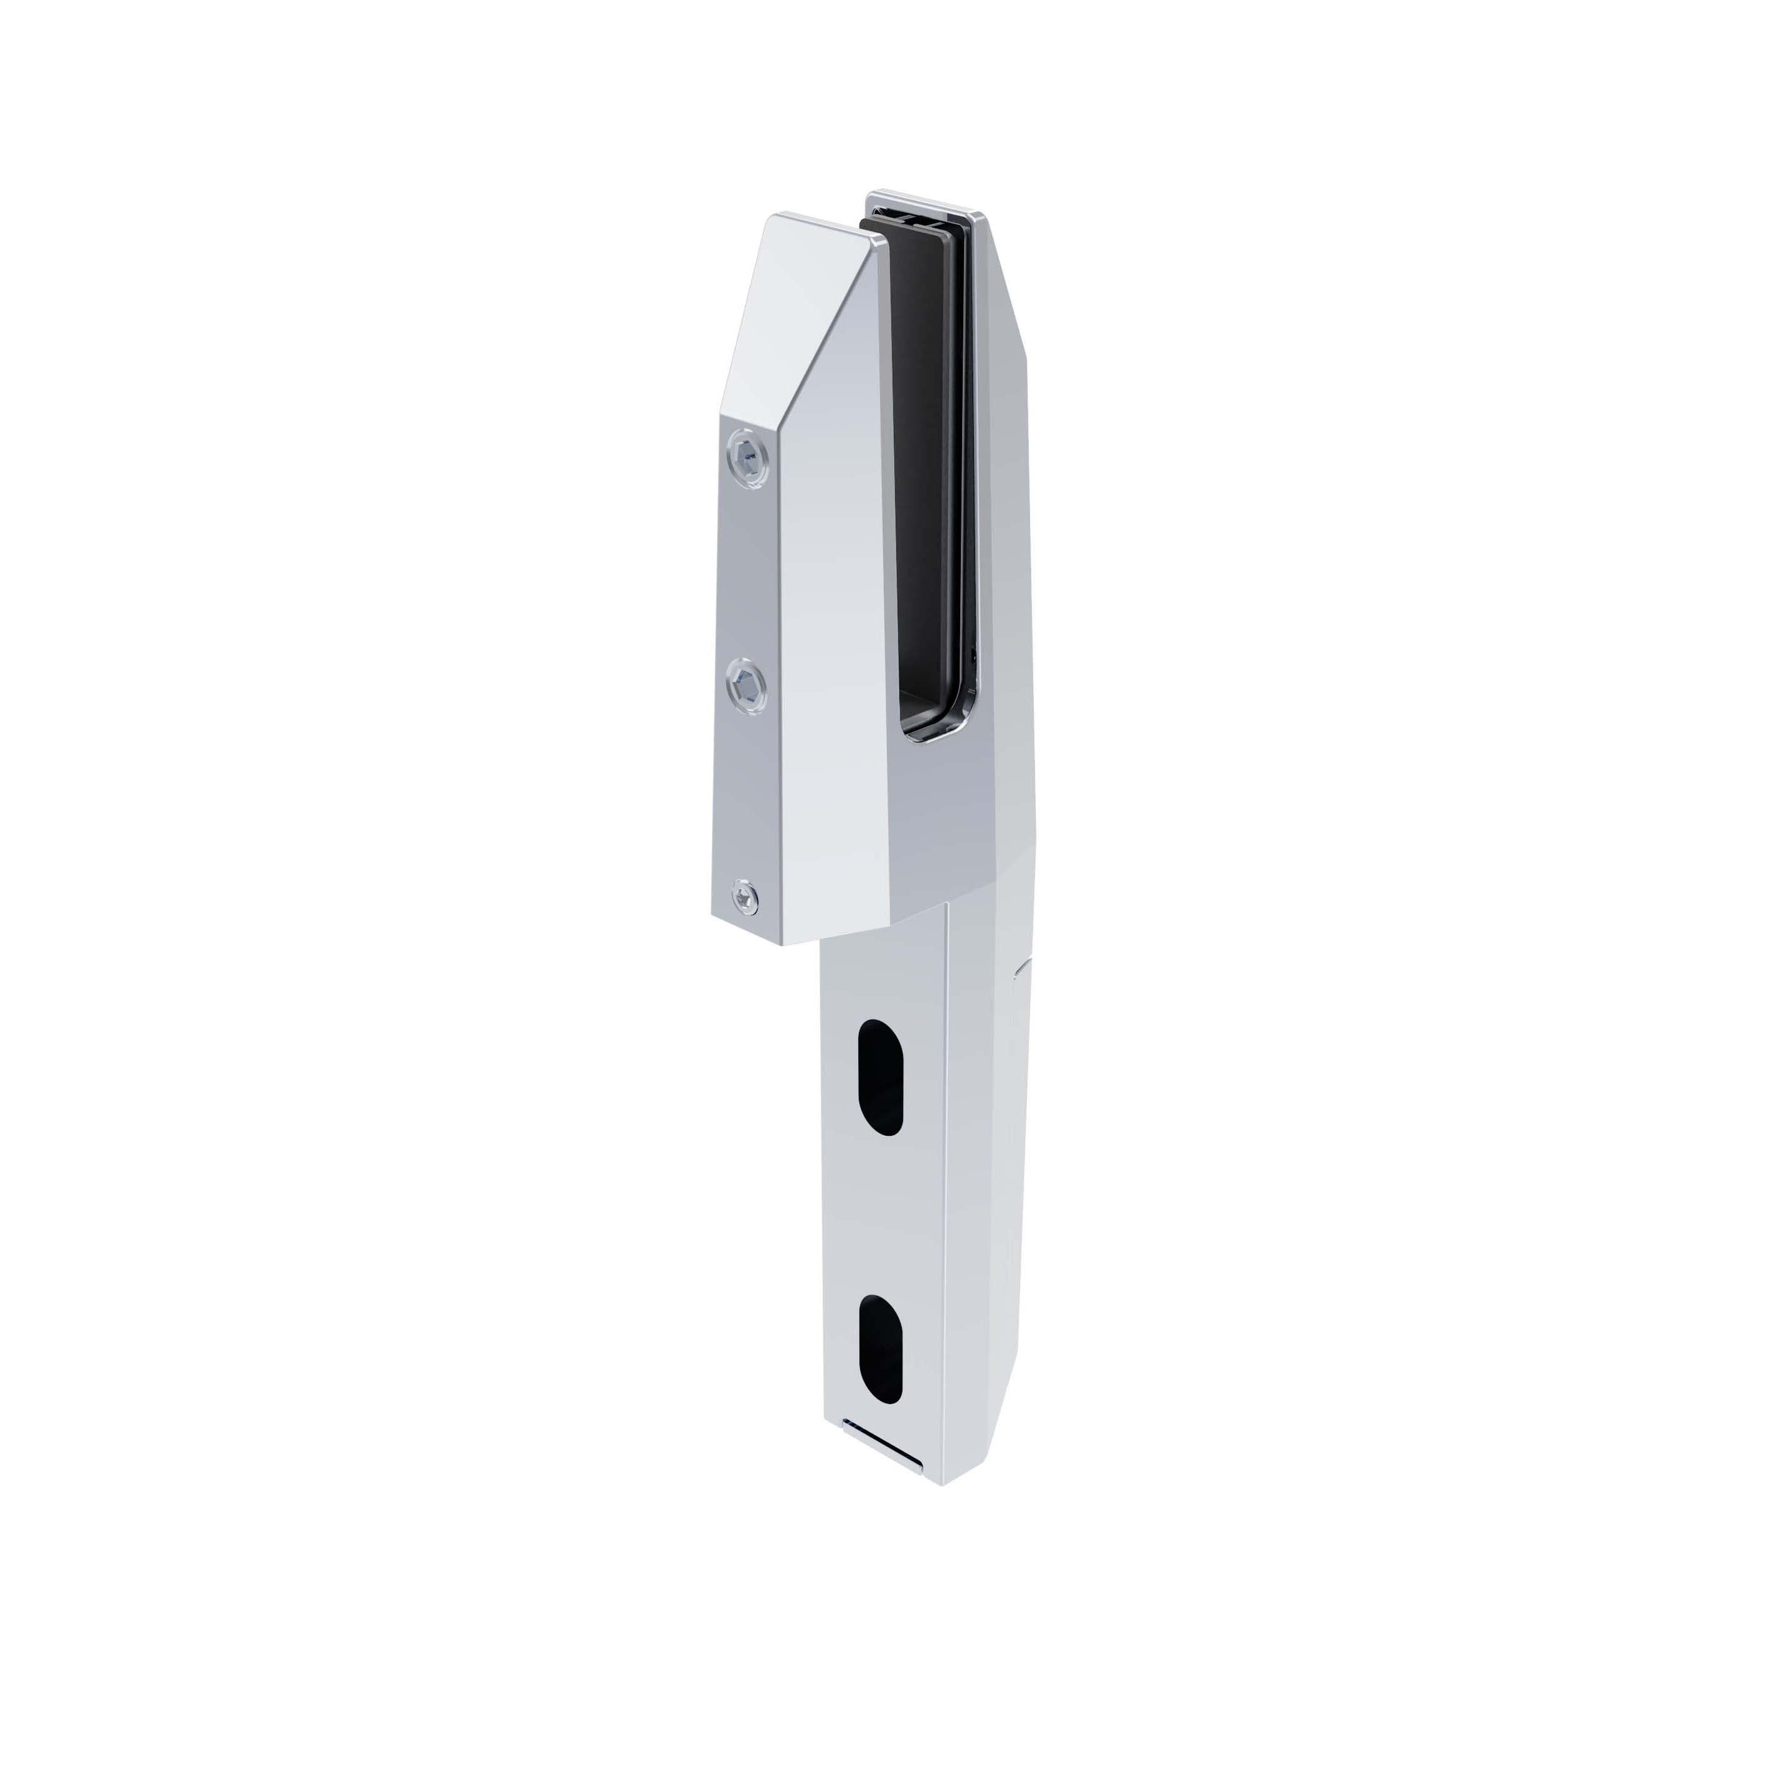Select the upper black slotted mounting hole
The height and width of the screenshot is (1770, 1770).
coord(881,1077)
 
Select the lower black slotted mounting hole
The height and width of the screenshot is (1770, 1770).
coord(881,1349)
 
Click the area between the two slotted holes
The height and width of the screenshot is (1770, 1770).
coord(881,1214)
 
